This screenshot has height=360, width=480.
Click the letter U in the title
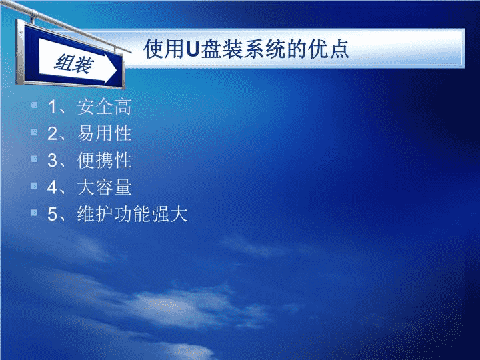pos(193,49)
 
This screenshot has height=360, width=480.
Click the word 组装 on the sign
pos(74,64)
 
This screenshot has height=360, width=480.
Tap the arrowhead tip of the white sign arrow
pos(117,71)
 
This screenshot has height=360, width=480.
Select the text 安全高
pos(105,107)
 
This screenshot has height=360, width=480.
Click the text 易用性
pos(105,133)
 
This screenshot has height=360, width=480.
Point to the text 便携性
pos(105,160)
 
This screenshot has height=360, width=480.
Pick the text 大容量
pos(105,187)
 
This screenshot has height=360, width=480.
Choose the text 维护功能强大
pos(132,214)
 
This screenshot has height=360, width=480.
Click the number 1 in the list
pos(53,107)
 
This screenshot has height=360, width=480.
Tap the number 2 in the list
pos(53,134)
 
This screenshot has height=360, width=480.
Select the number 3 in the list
pos(53,161)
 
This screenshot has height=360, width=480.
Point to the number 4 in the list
pos(53,187)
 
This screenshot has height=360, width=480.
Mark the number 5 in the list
pos(53,214)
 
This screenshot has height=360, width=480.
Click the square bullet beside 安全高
pos(34,105)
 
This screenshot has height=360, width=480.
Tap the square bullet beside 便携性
pos(34,159)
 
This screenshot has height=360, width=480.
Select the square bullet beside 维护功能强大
pos(34,213)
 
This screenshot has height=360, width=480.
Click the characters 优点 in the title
pos(329,49)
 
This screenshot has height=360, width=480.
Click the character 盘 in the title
pos(211,49)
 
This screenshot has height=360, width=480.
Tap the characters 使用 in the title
pos(165,49)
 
